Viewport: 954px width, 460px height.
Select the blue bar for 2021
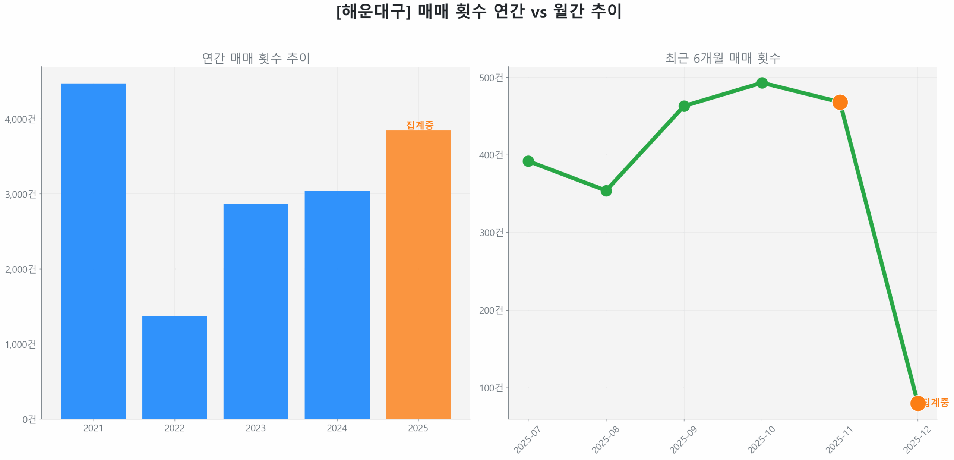click(93, 250)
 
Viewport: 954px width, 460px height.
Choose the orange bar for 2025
click(418, 274)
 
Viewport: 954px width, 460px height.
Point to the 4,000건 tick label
click(20, 119)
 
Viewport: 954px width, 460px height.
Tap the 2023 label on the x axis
click(255, 428)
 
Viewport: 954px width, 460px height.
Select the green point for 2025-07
click(528, 161)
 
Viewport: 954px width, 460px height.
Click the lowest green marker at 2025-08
click(606, 190)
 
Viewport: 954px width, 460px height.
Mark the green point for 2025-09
click(683, 106)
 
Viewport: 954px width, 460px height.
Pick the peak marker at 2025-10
click(762, 82)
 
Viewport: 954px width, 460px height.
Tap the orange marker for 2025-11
click(839, 102)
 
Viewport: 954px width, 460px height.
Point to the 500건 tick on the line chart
click(491, 77)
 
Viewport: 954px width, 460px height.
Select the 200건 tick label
click(491, 310)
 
